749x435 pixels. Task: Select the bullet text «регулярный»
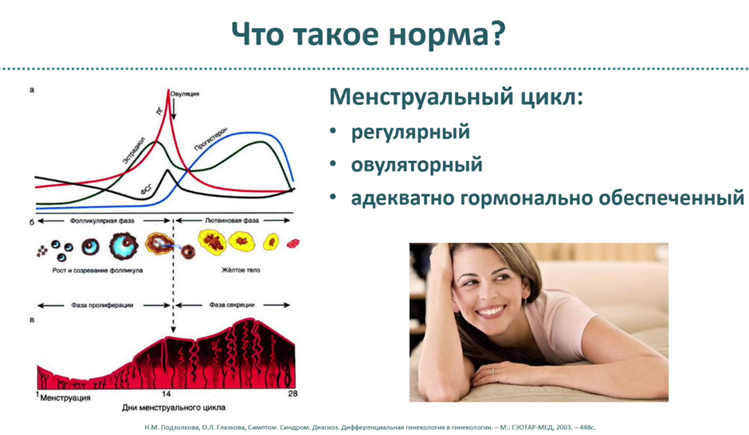click(x=410, y=132)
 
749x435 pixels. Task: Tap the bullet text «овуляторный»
click(x=417, y=165)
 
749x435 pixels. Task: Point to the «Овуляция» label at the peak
click(x=185, y=94)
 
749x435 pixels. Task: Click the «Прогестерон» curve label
click(x=210, y=139)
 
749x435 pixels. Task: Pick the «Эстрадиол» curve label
click(x=134, y=151)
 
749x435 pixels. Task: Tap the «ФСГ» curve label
click(x=147, y=190)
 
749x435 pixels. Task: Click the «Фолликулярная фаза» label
click(x=102, y=221)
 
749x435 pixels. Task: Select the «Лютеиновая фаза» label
click(x=232, y=221)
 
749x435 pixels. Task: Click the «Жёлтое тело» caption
click(x=241, y=270)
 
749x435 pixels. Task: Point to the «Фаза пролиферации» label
click(x=102, y=305)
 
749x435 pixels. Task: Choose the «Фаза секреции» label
click(x=232, y=305)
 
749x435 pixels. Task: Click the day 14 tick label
click(x=166, y=394)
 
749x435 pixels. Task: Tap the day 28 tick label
click(x=292, y=394)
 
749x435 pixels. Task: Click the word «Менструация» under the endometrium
click(x=65, y=398)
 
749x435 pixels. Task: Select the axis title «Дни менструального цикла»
click(x=174, y=408)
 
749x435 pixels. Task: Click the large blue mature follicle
click(x=124, y=245)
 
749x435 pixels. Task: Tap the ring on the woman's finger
click(x=493, y=371)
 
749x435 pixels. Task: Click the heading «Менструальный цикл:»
click(x=457, y=97)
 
